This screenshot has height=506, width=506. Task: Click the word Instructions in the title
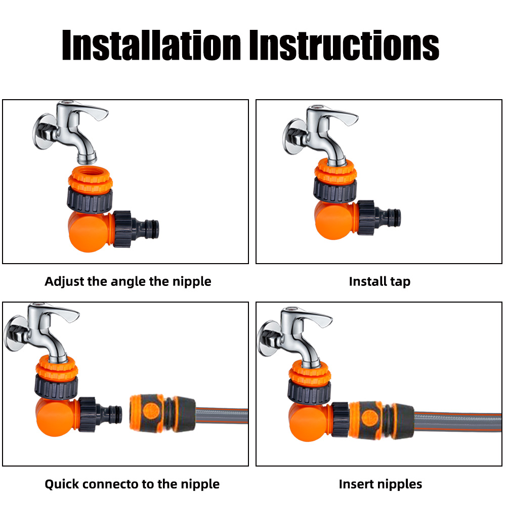[x=344, y=45]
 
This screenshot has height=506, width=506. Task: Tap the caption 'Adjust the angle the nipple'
[x=128, y=281]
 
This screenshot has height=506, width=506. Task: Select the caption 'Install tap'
[x=379, y=281]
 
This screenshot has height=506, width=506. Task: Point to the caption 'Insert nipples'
[x=380, y=484]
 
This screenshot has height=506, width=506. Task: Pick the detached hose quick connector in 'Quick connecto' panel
[x=162, y=412]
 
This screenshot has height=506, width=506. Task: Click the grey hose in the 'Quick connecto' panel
[x=223, y=415]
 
